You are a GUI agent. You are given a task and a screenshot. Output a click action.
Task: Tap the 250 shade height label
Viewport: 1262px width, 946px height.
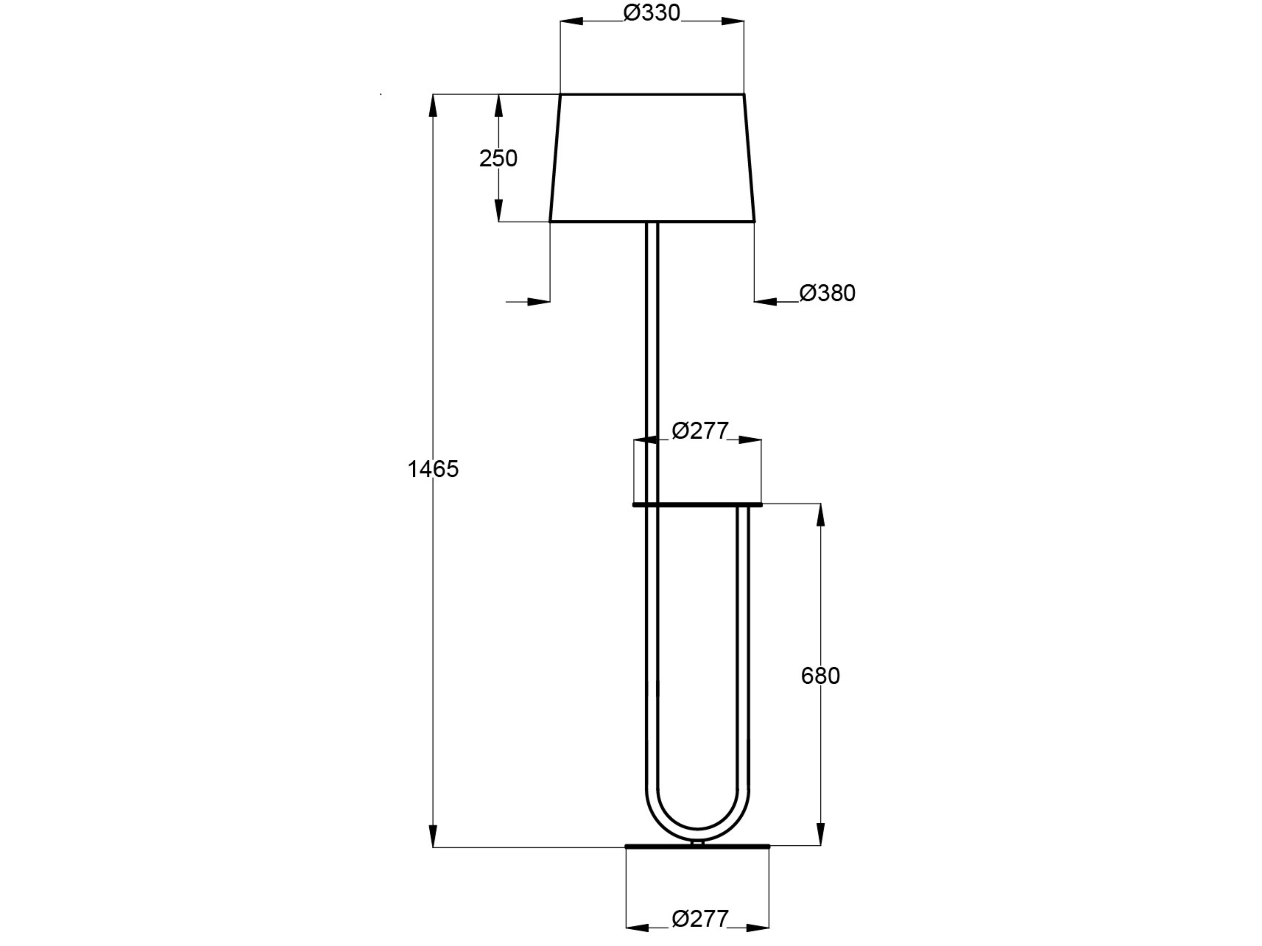point(498,159)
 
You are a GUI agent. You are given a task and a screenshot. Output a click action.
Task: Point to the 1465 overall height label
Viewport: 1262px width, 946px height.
point(433,469)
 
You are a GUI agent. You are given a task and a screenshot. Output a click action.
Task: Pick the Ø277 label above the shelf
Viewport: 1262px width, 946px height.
point(700,431)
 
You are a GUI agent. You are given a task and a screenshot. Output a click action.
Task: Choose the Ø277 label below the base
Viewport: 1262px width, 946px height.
point(700,919)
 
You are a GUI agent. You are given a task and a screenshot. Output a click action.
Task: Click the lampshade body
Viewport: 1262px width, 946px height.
point(652,157)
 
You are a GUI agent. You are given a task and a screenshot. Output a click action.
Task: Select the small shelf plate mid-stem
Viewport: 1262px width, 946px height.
point(697,505)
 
